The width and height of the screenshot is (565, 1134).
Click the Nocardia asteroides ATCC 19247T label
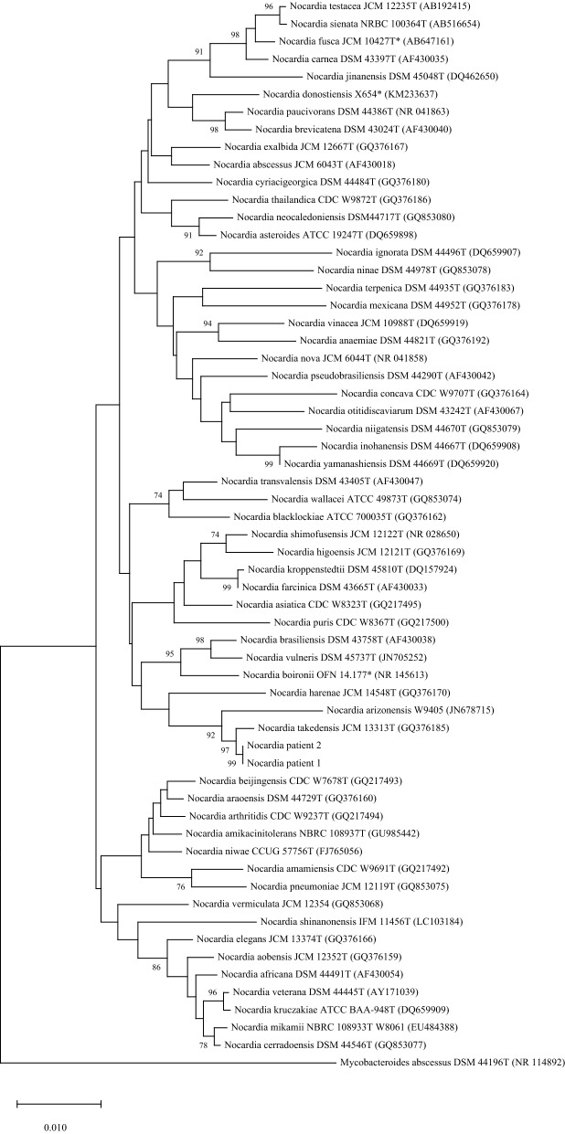(x=316, y=235)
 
